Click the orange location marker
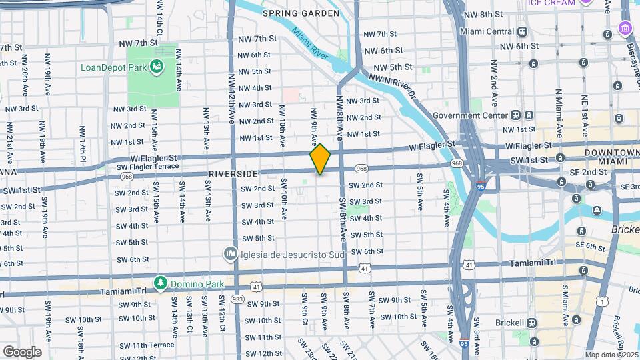(320, 159)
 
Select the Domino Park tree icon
(161, 283)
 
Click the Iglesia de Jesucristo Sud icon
(230, 253)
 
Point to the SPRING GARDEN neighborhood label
(292, 13)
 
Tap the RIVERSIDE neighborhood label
(233, 173)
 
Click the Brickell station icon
(533, 322)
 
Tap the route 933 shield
(236, 301)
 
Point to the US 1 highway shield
(602, 301)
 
